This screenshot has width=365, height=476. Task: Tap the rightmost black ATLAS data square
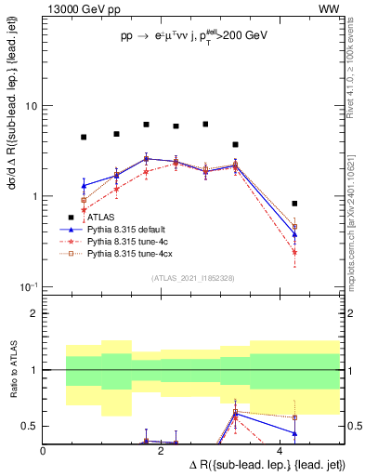tap(294, 204)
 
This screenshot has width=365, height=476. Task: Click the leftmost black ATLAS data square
tap(84, 137)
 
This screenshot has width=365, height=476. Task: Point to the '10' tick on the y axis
tap(30, 106)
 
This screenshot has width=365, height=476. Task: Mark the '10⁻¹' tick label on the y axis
tap(28, 286)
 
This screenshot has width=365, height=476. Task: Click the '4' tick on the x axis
tap(280, 450)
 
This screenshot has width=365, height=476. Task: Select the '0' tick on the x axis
tap(44, 450)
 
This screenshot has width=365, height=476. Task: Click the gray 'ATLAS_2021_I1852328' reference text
tap(191, 278)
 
